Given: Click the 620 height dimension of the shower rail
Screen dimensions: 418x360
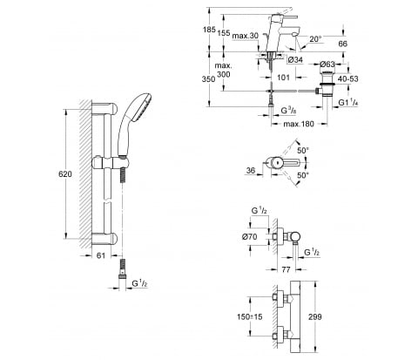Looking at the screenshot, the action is pos(65,174).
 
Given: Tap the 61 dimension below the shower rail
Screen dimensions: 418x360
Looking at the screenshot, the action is pos(101,255).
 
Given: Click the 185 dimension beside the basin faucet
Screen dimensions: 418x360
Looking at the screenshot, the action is pos(209,30).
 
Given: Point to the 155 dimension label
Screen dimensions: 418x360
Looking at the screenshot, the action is pos(224,33).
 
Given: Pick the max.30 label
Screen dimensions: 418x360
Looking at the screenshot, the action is pos(246,36).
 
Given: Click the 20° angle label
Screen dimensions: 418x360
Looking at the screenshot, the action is pos(315,39).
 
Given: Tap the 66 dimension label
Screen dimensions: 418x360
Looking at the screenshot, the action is pos(343,44).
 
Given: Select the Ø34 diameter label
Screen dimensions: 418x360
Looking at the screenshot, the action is pos(295,60).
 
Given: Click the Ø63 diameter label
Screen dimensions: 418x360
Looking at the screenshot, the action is pos(327,65).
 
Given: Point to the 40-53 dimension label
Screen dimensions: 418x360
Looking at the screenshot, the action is pos(348,79).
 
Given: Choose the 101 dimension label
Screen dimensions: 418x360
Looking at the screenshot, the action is pos(283,78).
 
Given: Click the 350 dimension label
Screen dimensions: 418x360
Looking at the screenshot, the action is pos(208,79).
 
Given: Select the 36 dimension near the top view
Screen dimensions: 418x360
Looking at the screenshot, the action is pos(251,170).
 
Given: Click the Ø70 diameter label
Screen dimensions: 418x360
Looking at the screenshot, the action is pos(250,237).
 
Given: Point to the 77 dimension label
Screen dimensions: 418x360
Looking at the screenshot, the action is pos(286,270).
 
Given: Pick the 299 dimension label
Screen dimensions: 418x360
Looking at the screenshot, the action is pos(315,316).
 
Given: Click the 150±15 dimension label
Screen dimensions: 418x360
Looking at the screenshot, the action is pos(250,316).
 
